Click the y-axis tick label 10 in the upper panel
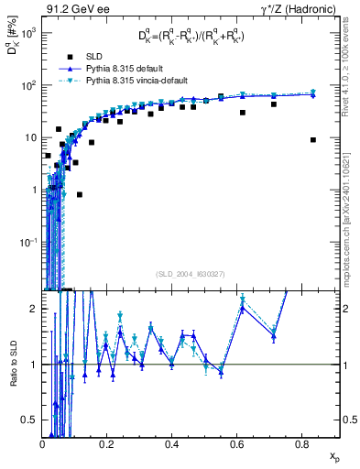(x=30, y=137)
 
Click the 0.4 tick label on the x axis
(x=172, y=444)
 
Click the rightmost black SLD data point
(x=313, y=140)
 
